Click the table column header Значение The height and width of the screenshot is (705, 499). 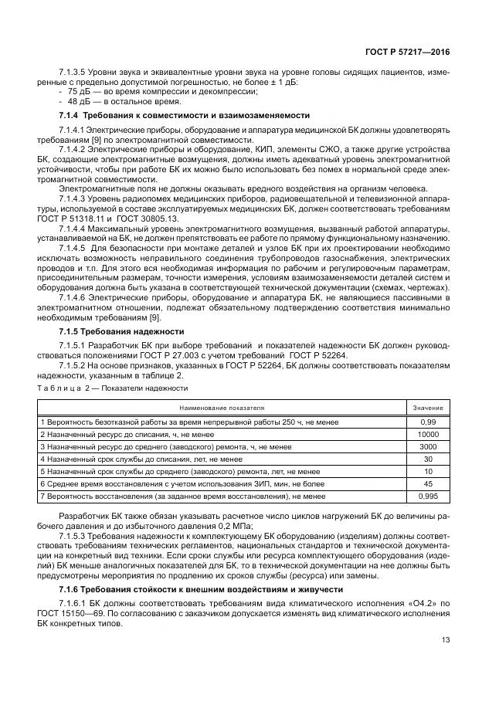coord(427,407)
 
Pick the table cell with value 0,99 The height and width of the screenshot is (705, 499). coord(427,422)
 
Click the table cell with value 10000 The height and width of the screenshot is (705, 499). coord(427,435)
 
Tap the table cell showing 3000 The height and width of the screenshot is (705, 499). coord(427,446)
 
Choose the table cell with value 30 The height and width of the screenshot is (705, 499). coord(427,459)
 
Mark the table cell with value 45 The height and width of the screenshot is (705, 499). coord(427,483)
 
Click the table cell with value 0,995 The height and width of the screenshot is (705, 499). coord(427,496)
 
